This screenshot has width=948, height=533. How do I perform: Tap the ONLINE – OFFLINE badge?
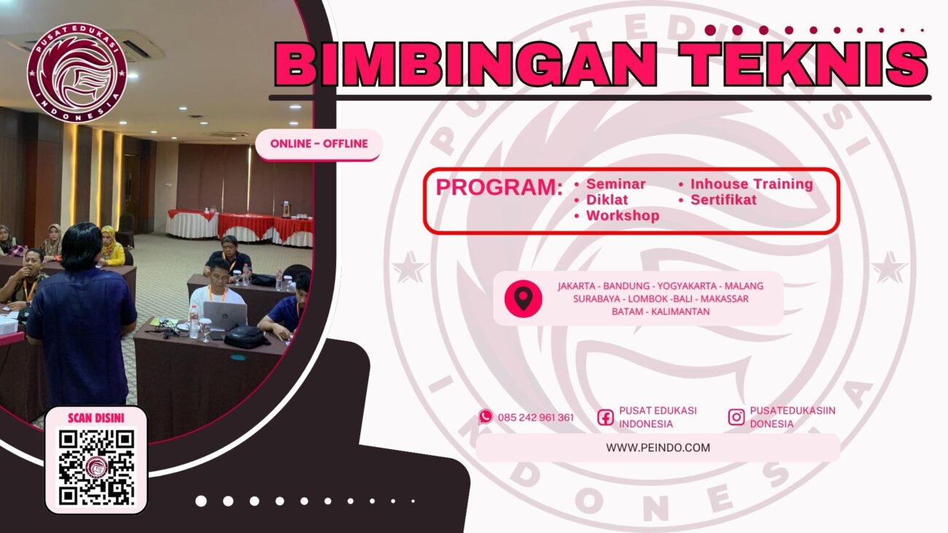[319, 144]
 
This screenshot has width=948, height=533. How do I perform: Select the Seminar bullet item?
[615, 184]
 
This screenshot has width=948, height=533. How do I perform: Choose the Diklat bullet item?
[607, 200]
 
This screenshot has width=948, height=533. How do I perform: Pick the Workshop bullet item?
[622, 216]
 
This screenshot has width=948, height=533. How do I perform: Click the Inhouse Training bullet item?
[751, 184]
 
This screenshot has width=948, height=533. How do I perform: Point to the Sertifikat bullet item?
[723, 200]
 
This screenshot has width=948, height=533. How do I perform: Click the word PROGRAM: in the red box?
[499, 187]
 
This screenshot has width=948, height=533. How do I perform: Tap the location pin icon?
[523, 298]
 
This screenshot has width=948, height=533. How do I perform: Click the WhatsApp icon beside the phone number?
[486, 417]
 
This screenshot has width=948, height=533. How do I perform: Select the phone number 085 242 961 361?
[536, 418]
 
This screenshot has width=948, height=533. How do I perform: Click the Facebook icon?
[605, 417]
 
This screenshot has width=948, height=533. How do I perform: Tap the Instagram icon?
[737, 417]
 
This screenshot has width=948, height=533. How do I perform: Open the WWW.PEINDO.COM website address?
[658, 448]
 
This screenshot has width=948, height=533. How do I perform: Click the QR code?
[96, 467]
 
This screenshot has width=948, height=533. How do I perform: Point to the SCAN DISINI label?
[96, 418]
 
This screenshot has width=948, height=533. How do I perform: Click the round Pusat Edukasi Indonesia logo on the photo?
[77, 72]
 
